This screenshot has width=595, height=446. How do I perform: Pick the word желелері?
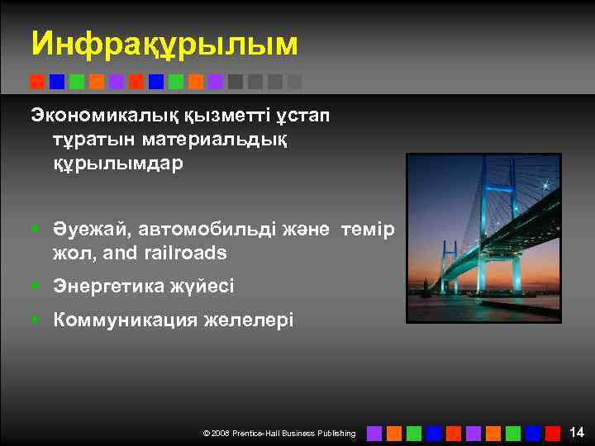click(248, 319)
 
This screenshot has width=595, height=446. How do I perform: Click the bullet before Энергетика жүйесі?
click(36, 287)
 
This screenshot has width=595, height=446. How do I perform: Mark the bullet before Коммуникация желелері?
click(36, 320)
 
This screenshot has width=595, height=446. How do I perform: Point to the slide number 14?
click(577, 431)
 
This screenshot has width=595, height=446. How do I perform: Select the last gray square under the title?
click(295, 82)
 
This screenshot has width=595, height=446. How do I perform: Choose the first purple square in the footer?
click(374, 433)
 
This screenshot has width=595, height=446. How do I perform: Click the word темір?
click(367, 228)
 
